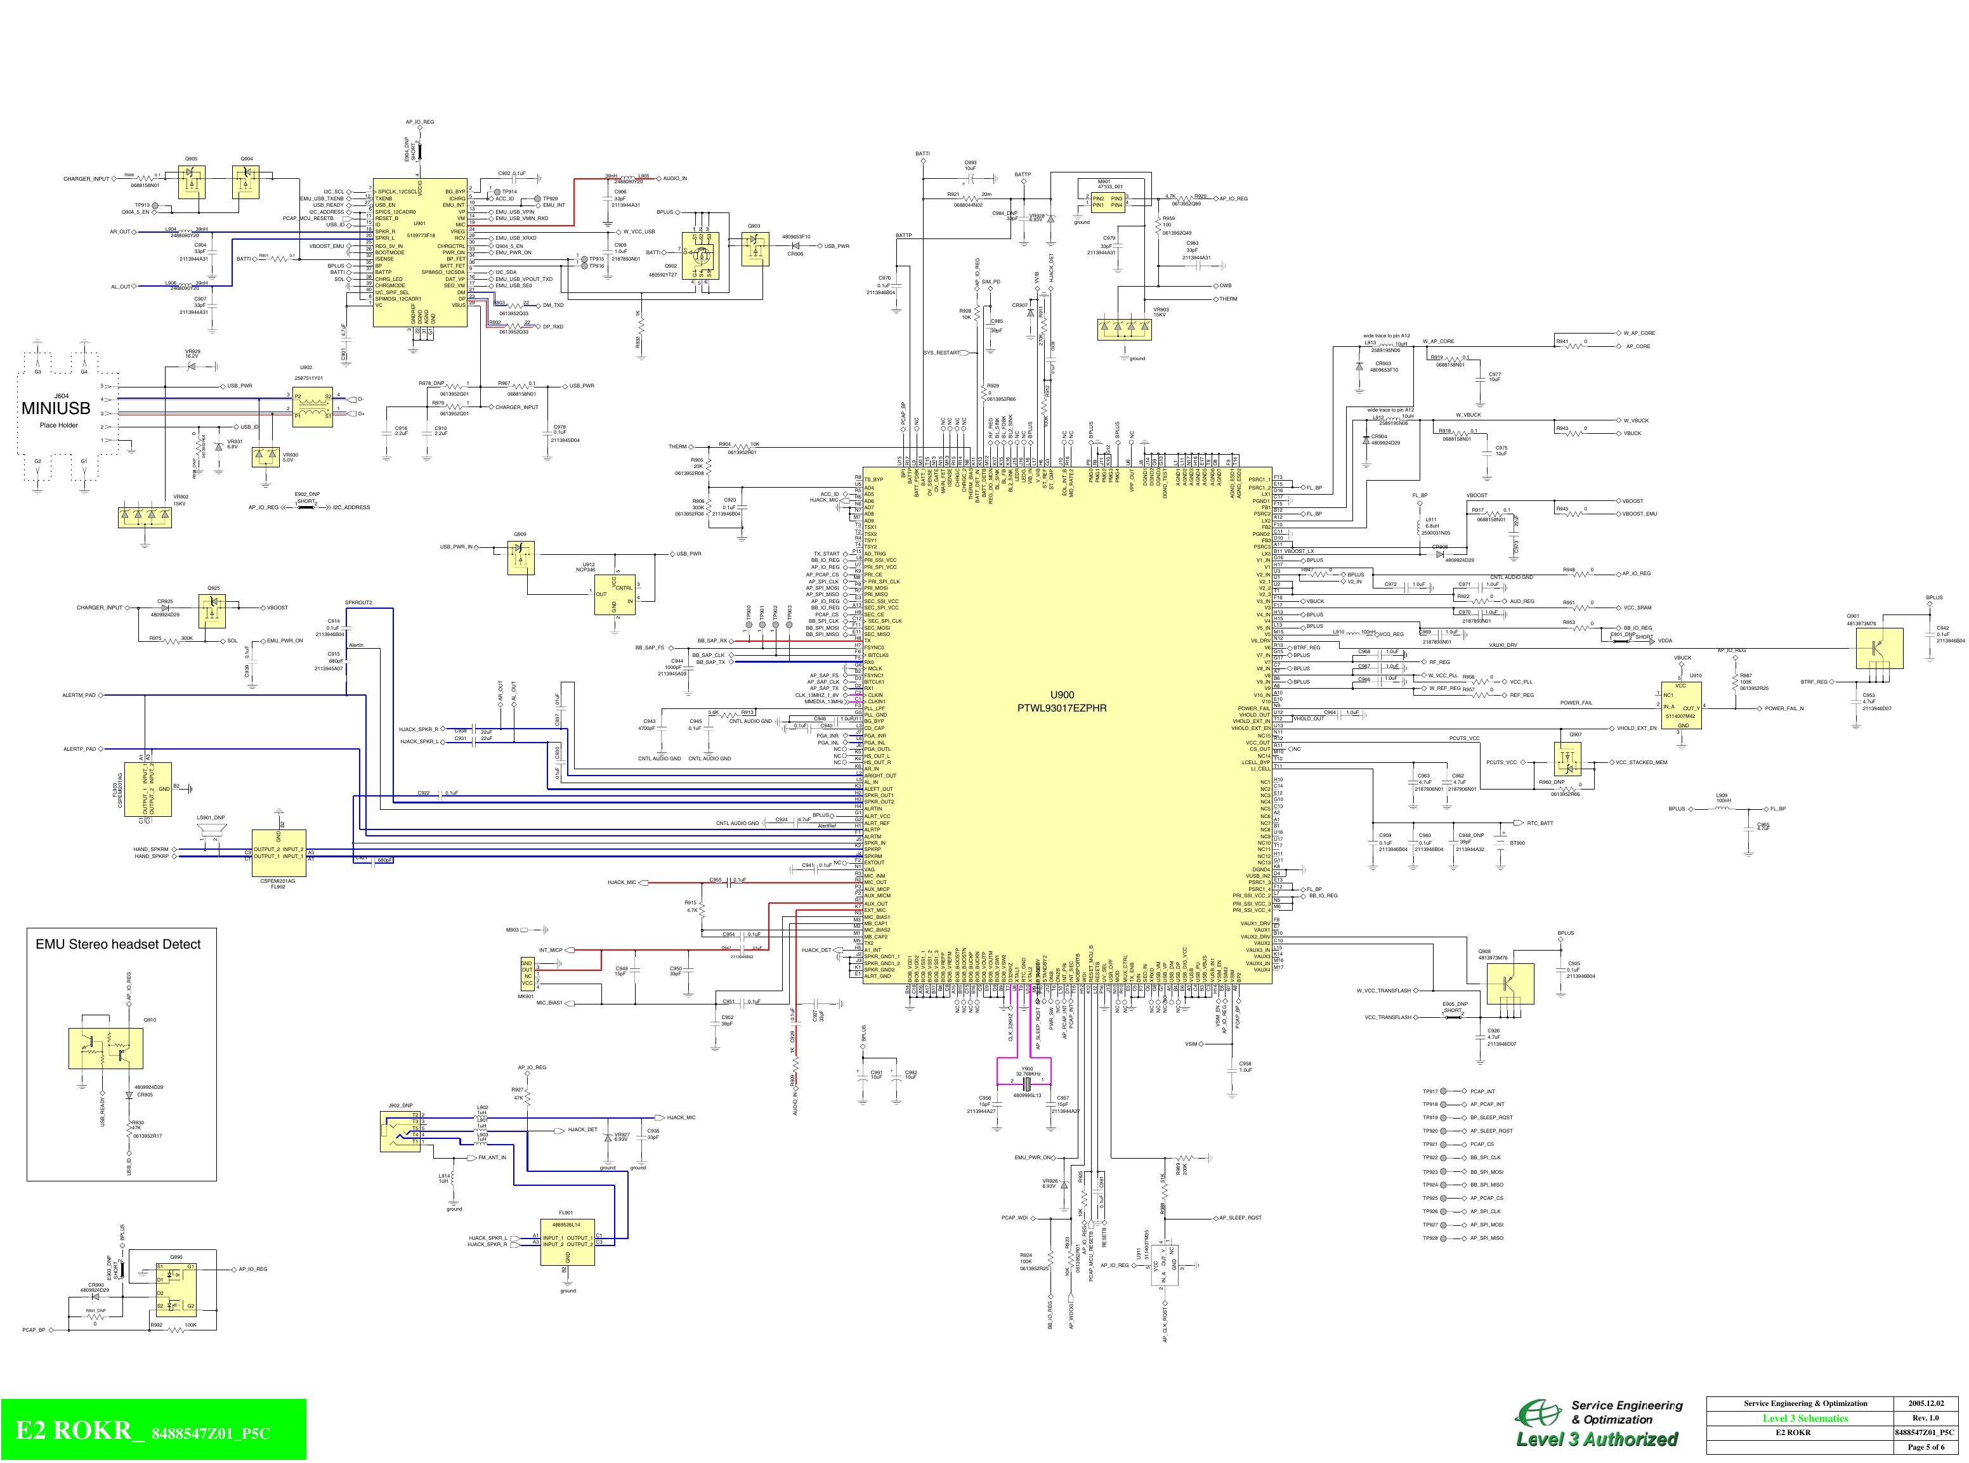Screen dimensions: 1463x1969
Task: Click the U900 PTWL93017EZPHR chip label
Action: pos(1061,701)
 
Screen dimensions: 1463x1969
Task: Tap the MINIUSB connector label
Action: pos(56,408)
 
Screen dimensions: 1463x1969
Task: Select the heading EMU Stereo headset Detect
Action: pos(118,944)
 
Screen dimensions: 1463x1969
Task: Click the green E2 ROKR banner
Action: pos(154,1429)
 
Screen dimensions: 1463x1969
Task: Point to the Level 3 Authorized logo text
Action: pos(1597,1439)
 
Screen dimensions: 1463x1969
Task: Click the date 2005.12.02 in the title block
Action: pos(1926,1403)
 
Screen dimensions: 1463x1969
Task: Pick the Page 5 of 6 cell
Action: pos(1926,1447)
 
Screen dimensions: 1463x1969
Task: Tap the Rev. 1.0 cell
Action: pos(1926,1418)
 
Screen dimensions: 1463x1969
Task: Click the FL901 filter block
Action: pos(567,1242)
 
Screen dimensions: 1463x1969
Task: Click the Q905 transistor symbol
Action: pos(192,181)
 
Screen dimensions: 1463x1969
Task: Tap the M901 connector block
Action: pos(1110,197)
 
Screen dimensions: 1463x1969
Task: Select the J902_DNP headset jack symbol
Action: pos(400,1131)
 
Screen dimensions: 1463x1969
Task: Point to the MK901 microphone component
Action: pos(527,974)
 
